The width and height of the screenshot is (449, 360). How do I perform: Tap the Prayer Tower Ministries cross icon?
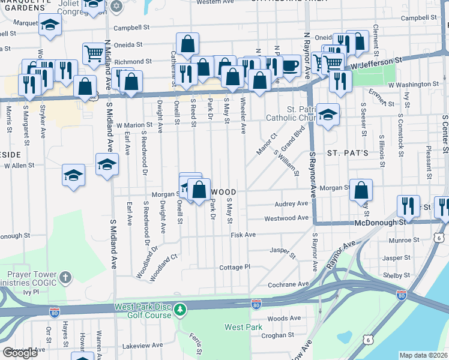click(x=65, y=277)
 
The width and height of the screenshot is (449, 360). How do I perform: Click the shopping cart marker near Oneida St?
click(x=93, y=55)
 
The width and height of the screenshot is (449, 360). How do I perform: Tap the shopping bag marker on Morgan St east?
click(x=360, y=190)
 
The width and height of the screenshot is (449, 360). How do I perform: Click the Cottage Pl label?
click(x=234, y=267)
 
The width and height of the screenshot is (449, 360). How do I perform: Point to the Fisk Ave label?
click(x=243, y=235)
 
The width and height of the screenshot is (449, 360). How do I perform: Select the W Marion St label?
click(x=134, y=125)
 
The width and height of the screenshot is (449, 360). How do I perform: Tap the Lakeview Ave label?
click(x=142, y=346)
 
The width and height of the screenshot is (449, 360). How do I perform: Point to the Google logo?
click(x=20, y=353)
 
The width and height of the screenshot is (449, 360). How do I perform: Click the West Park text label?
click(x=243, y=327)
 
